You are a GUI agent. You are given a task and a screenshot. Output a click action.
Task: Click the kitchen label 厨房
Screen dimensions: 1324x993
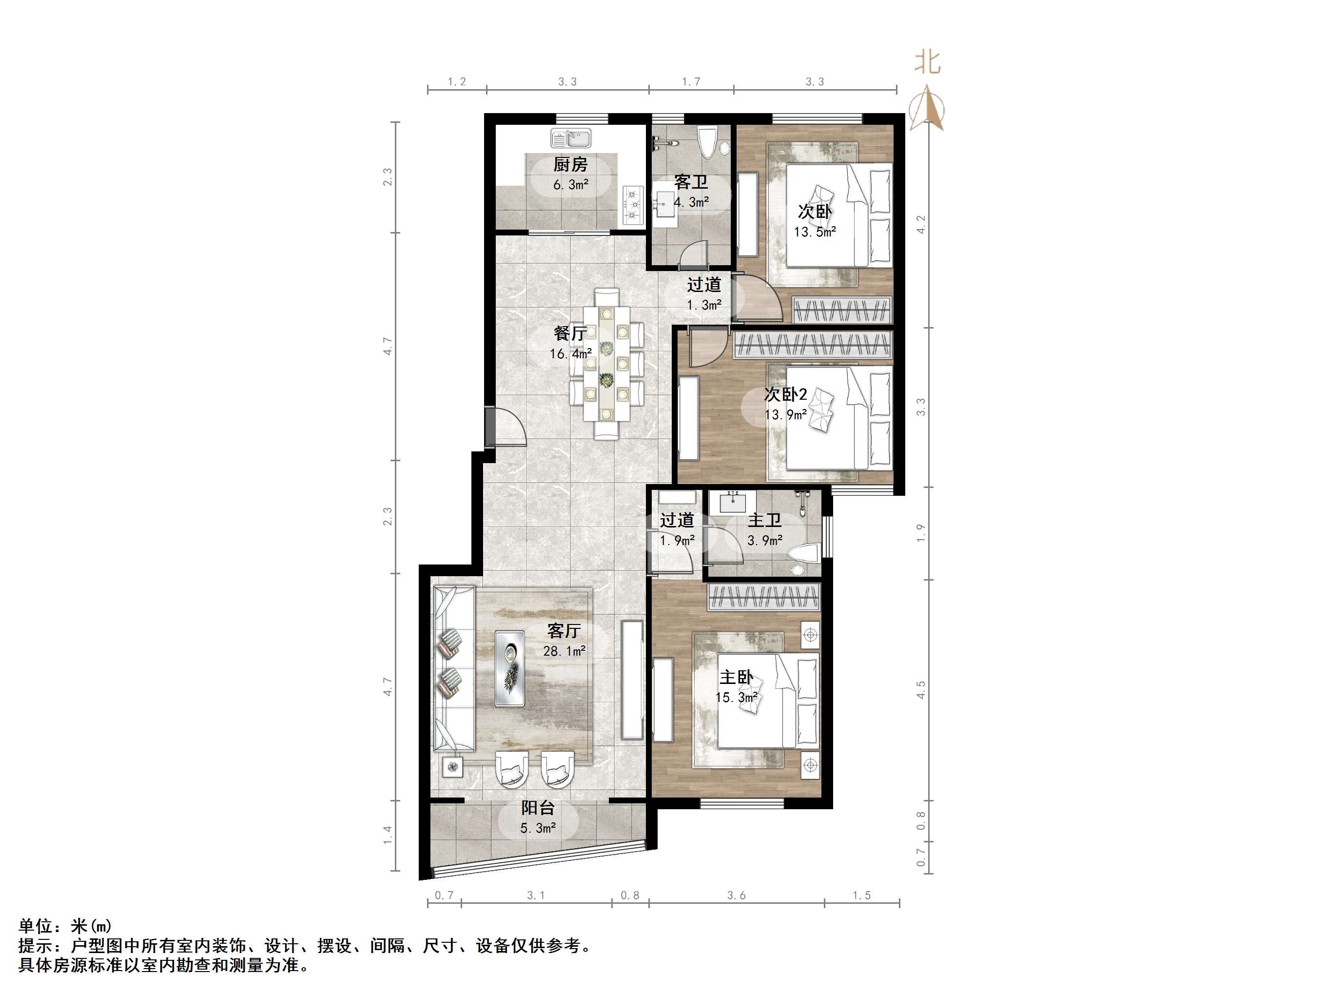coord(570,164)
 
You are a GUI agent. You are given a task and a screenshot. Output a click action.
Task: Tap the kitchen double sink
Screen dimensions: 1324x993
coord(570,139)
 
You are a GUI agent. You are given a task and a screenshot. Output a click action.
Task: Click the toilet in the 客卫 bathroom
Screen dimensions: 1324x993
coord(707,141)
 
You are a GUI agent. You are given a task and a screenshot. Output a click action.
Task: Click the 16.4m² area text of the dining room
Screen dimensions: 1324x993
coord(571,354)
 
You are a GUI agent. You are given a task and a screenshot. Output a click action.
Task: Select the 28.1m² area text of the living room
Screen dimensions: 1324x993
coord(564,651)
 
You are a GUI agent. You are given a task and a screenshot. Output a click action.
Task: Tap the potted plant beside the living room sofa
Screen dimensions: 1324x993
coord(452,765)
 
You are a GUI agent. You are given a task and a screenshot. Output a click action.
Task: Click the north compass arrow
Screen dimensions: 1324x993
coord(927,107)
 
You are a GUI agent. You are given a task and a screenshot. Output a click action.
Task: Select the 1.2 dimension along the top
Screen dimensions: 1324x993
coord(457,81)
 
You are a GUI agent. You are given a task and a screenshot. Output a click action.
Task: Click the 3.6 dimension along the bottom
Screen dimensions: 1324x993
coord(736,896)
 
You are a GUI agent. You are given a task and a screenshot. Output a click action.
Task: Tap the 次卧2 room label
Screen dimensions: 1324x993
coord(785,394)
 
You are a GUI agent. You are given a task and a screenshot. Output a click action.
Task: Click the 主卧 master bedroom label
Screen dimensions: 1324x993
coord(736,678)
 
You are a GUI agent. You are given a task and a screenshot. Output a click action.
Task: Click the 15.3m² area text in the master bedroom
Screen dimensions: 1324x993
coord(736,697)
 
